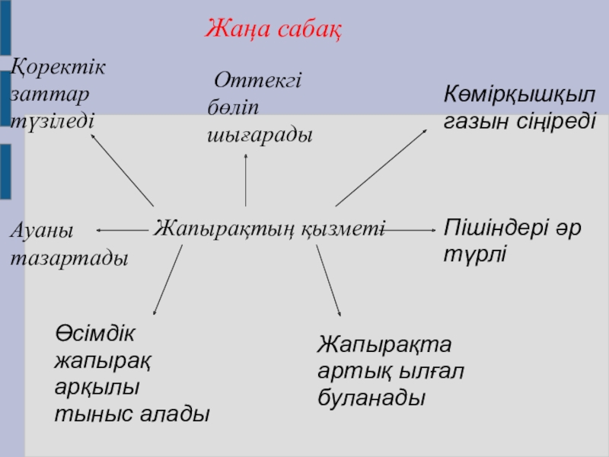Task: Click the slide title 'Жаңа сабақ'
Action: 273,30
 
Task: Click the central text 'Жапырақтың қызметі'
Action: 269,228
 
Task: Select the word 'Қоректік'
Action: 59,66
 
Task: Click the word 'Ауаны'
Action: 41,230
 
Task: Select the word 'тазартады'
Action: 69,258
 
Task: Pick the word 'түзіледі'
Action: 52,120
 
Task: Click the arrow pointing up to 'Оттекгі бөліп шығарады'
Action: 246,179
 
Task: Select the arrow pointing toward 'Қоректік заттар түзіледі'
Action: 122,168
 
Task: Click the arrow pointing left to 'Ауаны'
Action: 122,228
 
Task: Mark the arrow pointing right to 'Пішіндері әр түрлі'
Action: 410,228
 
